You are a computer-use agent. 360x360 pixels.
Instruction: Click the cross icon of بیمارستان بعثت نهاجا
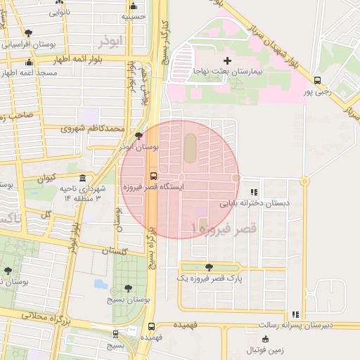tap(226, 61)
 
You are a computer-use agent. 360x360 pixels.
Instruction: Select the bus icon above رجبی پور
tap(317, 80)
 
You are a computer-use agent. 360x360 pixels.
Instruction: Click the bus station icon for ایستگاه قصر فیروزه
tap(153, 176)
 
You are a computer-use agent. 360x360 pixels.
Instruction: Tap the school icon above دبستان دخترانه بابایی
tap(254, 191)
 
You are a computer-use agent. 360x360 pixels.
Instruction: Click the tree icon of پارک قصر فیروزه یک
tap(209, 266)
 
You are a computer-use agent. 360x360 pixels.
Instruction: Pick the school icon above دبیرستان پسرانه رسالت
tap(297, 314)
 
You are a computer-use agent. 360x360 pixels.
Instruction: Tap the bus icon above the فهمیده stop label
tap(151, 326)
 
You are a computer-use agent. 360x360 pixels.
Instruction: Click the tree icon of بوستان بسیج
tap(128, 288)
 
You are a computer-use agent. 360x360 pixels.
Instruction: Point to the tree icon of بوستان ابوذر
tap(139, 135)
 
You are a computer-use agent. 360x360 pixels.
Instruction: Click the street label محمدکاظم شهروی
tap(92, 129)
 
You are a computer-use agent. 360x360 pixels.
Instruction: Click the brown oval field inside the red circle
tap(191, 146)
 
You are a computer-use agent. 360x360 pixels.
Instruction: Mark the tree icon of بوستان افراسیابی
tap(27, 32)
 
